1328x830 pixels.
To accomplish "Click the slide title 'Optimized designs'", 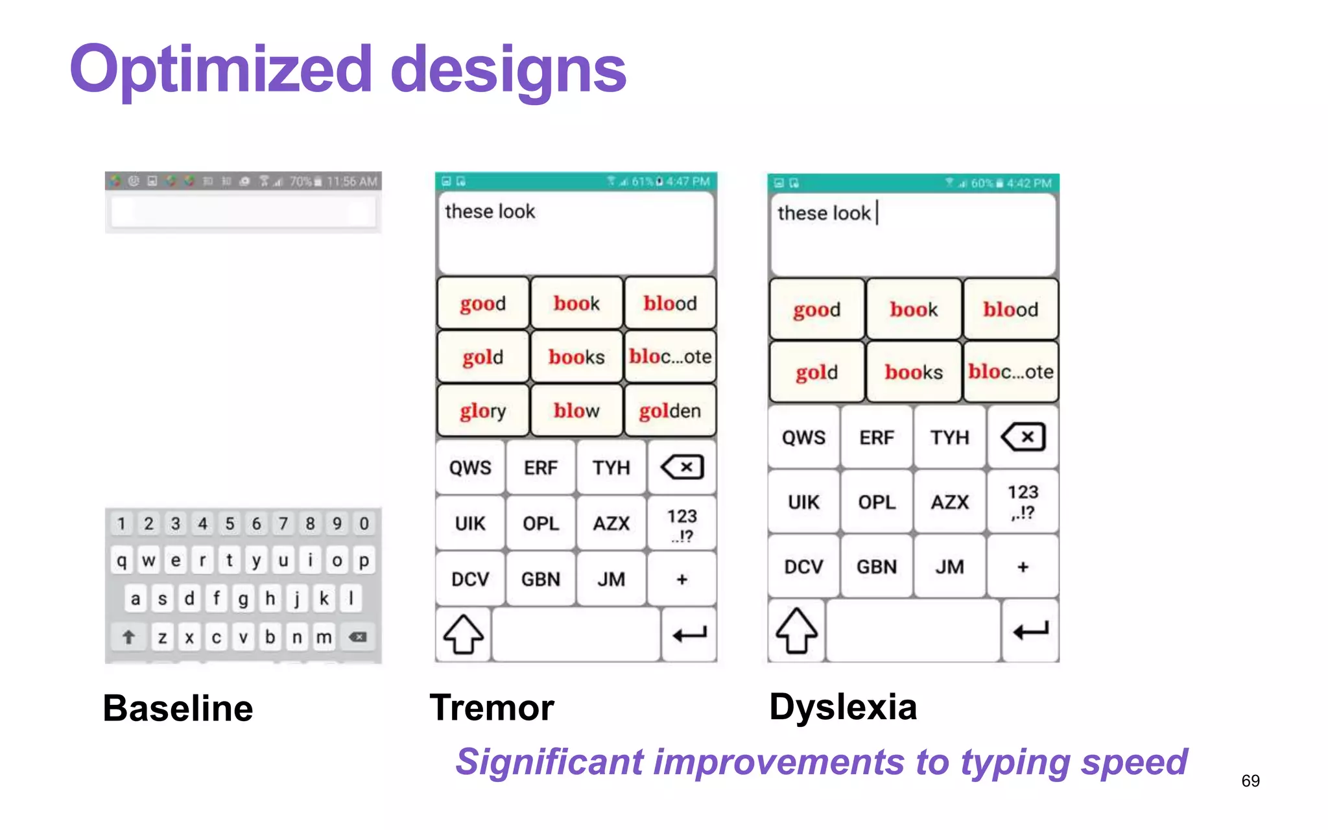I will (348, 70).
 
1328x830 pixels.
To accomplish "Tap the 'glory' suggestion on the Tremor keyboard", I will (482, 410).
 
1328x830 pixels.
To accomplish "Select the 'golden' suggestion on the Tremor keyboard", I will (670, 410).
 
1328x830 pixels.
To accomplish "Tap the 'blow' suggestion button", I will (576, 410).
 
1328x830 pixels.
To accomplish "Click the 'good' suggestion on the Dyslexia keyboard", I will (816, 309).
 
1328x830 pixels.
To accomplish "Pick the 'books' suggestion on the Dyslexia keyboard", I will (914, 372).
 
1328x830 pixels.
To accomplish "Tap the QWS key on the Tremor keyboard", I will (470, 468).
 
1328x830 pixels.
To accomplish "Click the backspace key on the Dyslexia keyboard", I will (1023, 437).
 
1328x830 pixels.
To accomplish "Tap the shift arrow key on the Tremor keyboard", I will (463, 634).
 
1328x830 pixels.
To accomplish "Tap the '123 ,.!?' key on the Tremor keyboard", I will (682, 525).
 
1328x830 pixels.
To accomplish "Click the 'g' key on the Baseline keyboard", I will (243, 599).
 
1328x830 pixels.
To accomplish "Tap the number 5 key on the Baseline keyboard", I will (230, 523).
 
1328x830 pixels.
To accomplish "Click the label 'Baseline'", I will (178, 707).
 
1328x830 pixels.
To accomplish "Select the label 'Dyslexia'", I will (843, 706).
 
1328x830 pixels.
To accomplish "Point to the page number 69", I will (1250, 781).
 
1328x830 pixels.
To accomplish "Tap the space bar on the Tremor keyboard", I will (576, 634).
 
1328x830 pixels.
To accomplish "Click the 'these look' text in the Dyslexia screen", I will (824, 213).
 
